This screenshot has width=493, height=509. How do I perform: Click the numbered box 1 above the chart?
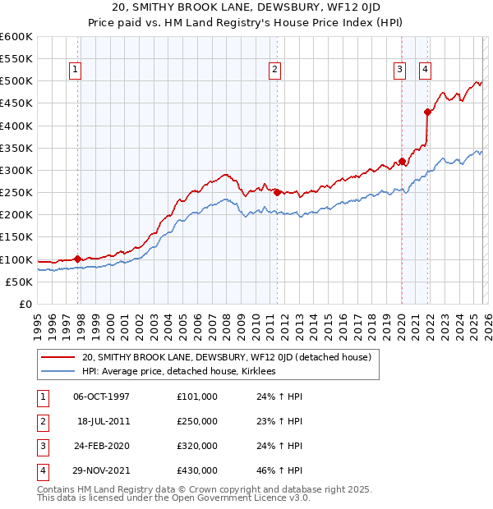[75, 71]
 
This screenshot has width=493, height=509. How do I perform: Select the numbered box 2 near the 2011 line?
[274, 71]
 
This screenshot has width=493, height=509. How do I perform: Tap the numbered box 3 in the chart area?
[399, 71]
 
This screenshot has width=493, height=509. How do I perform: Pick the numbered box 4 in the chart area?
[425, 71]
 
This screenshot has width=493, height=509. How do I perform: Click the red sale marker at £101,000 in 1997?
[77, 259]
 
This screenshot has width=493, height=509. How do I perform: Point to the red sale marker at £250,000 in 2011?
[277, 192]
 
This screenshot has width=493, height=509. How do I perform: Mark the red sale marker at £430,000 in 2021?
[427, 112]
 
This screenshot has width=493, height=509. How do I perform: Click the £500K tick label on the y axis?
[16, 81]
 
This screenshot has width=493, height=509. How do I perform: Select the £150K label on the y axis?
[16, 237]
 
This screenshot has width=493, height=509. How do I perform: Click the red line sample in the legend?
[58, 357]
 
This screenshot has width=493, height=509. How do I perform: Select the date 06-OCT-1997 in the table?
[102, 396]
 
